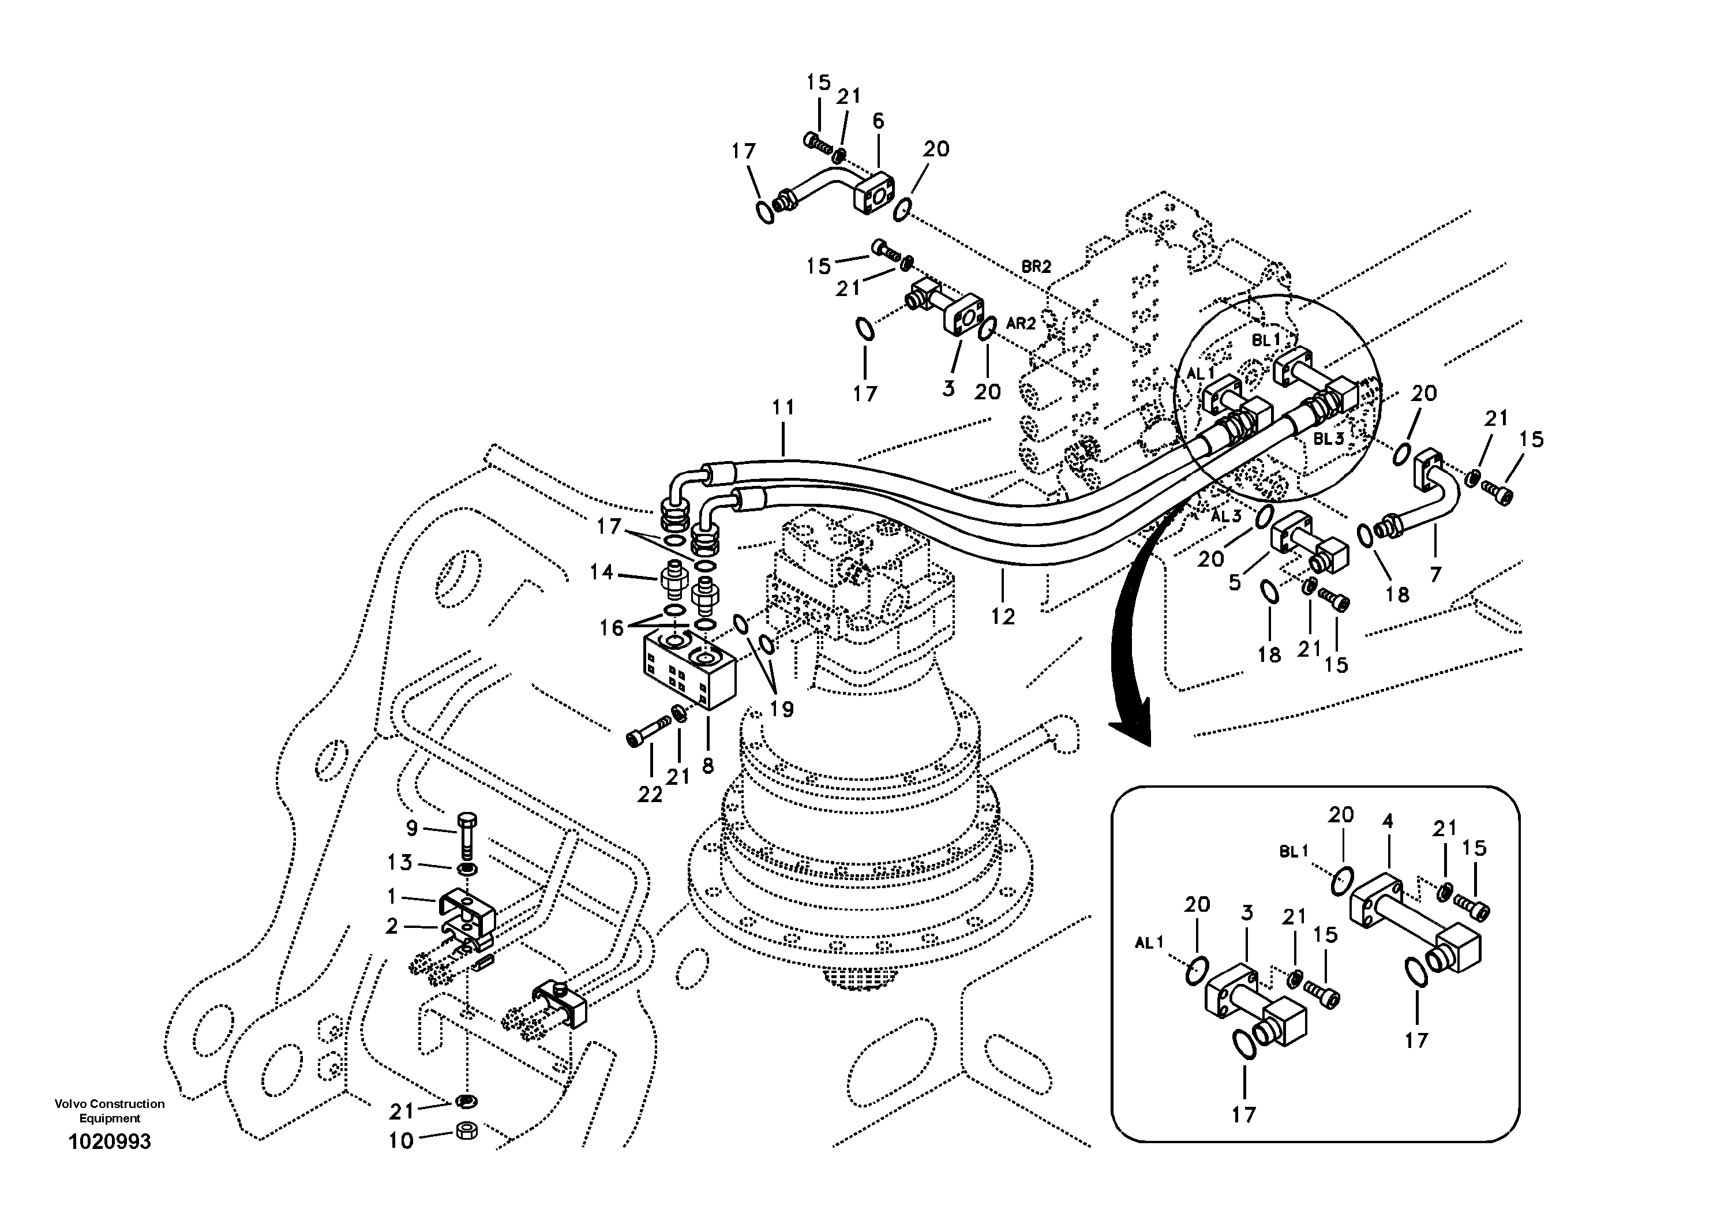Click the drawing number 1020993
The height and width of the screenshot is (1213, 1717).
point(109,1141)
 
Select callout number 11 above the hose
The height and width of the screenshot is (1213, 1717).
point(783,407)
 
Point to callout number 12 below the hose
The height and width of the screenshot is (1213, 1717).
point(1003,616)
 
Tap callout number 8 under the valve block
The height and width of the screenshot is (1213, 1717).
point(707,765)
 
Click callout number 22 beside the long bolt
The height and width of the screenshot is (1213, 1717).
point(650,795)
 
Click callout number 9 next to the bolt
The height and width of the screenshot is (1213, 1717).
point(412,828)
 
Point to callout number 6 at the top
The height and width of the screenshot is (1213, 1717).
point(878,121)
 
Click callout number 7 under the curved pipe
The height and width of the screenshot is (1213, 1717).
point(1435,574)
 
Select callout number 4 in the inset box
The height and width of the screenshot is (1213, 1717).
point(1387,821)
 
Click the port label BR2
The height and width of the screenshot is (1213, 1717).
point(1036,266)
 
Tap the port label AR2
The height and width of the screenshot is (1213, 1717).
point(1021,323)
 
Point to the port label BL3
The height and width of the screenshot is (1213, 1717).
point(1329,439)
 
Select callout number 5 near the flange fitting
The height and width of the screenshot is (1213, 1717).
point(1235,581)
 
